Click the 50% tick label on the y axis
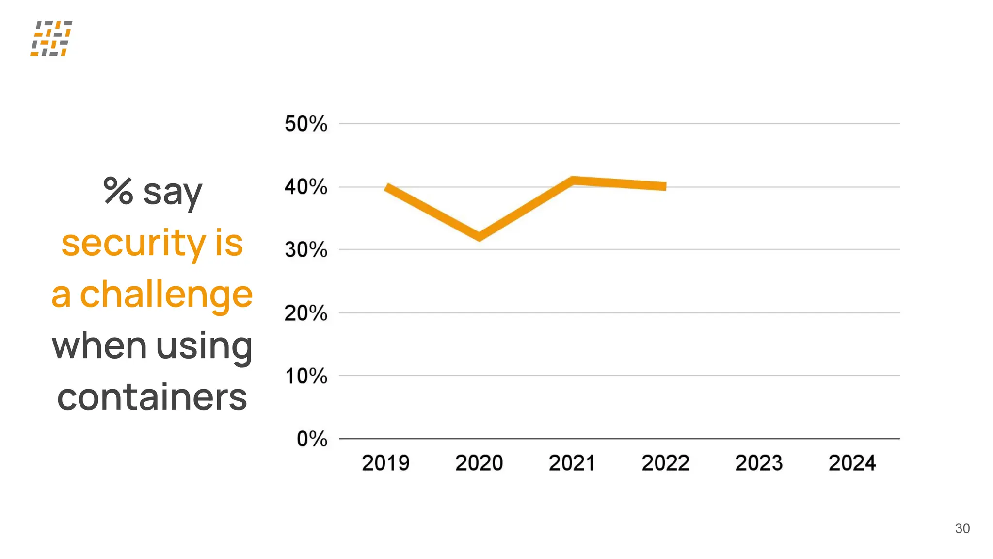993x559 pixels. point(306,124)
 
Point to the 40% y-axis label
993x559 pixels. point(306,187)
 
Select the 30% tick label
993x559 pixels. point(306,250)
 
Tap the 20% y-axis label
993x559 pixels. point(306,313)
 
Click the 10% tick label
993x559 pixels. point(306,376)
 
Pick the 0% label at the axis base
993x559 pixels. point(312,439)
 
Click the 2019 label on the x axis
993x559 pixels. point(385,463)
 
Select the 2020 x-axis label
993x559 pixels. point(479,463)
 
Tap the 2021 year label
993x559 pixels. point(572,463)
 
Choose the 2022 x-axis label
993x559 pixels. point(666,463)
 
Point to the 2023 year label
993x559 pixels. point(759,463)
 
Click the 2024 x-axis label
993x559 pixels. point(852,463)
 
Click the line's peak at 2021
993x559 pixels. point(573,181)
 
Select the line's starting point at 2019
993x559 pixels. point(387,187)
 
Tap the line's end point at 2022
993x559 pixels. point(665,186)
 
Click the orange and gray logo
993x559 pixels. point(51,38)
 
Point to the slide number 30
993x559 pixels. point(962,528)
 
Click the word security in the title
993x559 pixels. point(134,243)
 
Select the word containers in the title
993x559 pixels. point(152,397)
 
